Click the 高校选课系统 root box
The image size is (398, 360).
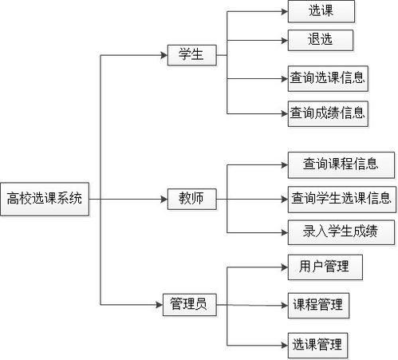point(45,199)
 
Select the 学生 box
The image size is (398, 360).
point(192,55)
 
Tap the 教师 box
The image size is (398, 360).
point(192,199)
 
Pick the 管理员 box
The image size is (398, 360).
point(190,305)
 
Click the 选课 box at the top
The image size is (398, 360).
point(321,11)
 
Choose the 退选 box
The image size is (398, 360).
point(321,40)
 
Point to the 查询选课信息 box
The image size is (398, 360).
point(328,79)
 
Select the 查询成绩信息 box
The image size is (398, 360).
point(328,113)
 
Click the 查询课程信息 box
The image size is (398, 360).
point(341,165)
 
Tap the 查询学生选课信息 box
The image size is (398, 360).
point(342,200)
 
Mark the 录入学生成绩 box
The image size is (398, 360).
point(341,232)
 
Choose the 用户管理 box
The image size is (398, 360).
point(325,267)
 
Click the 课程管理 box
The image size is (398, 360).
point(318,306)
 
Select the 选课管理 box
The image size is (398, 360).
point(317,345)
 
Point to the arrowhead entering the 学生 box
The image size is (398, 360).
point(164,55)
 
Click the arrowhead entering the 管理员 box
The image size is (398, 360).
point(160,305)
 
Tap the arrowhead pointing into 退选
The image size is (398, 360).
point(285,41)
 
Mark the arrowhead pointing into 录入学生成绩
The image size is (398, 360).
point(285,233)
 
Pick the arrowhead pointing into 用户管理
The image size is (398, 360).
point(285,267)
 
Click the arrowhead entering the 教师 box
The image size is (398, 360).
point(164,199)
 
